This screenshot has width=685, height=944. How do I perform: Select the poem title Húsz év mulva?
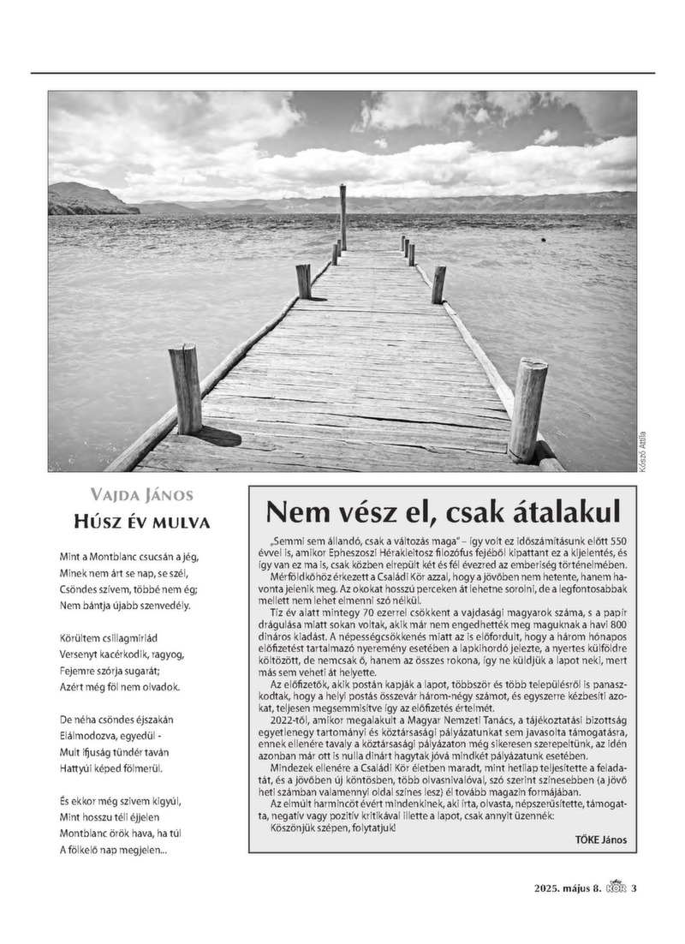[142, 523]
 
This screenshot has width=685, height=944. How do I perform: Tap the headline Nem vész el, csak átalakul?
[442, 512]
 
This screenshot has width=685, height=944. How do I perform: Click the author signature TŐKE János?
[601, 840]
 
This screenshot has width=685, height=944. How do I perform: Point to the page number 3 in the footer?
[634, 888]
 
